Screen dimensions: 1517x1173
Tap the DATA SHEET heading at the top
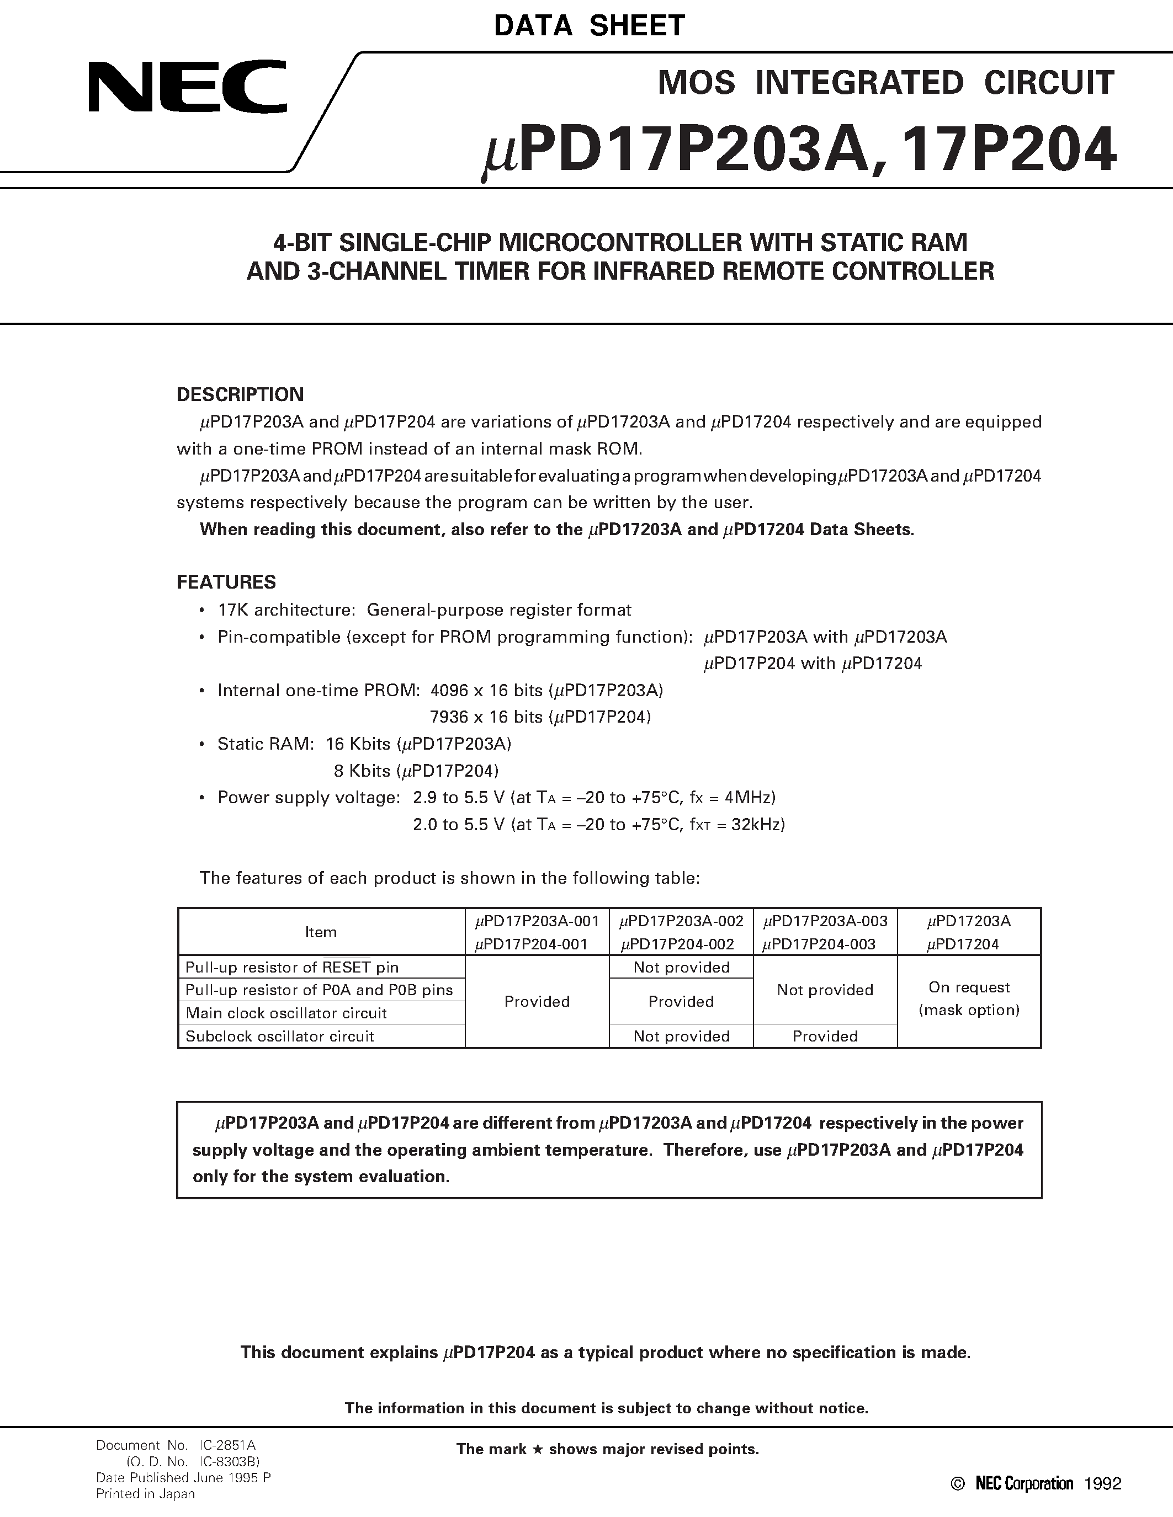(590, 26)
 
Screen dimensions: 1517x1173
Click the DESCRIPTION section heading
(240, 394)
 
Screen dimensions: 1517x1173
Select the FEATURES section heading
(226, 582)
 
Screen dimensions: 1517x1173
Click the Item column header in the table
(320, 932)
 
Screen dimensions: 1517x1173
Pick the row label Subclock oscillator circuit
(279, 1037)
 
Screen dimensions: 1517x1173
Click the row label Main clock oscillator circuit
(285, 1013)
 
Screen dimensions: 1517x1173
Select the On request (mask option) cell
(969, 999)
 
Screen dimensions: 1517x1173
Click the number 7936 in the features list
(449, 717)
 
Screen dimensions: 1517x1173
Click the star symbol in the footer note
(537, 1450)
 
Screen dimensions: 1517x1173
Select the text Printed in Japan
(145, 1494)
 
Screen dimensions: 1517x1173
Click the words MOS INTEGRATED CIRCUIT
(885, 83)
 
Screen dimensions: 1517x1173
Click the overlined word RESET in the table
(346, 968)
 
